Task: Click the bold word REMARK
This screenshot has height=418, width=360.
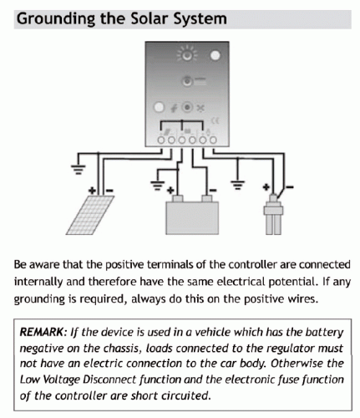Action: click(x=42, y=333)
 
